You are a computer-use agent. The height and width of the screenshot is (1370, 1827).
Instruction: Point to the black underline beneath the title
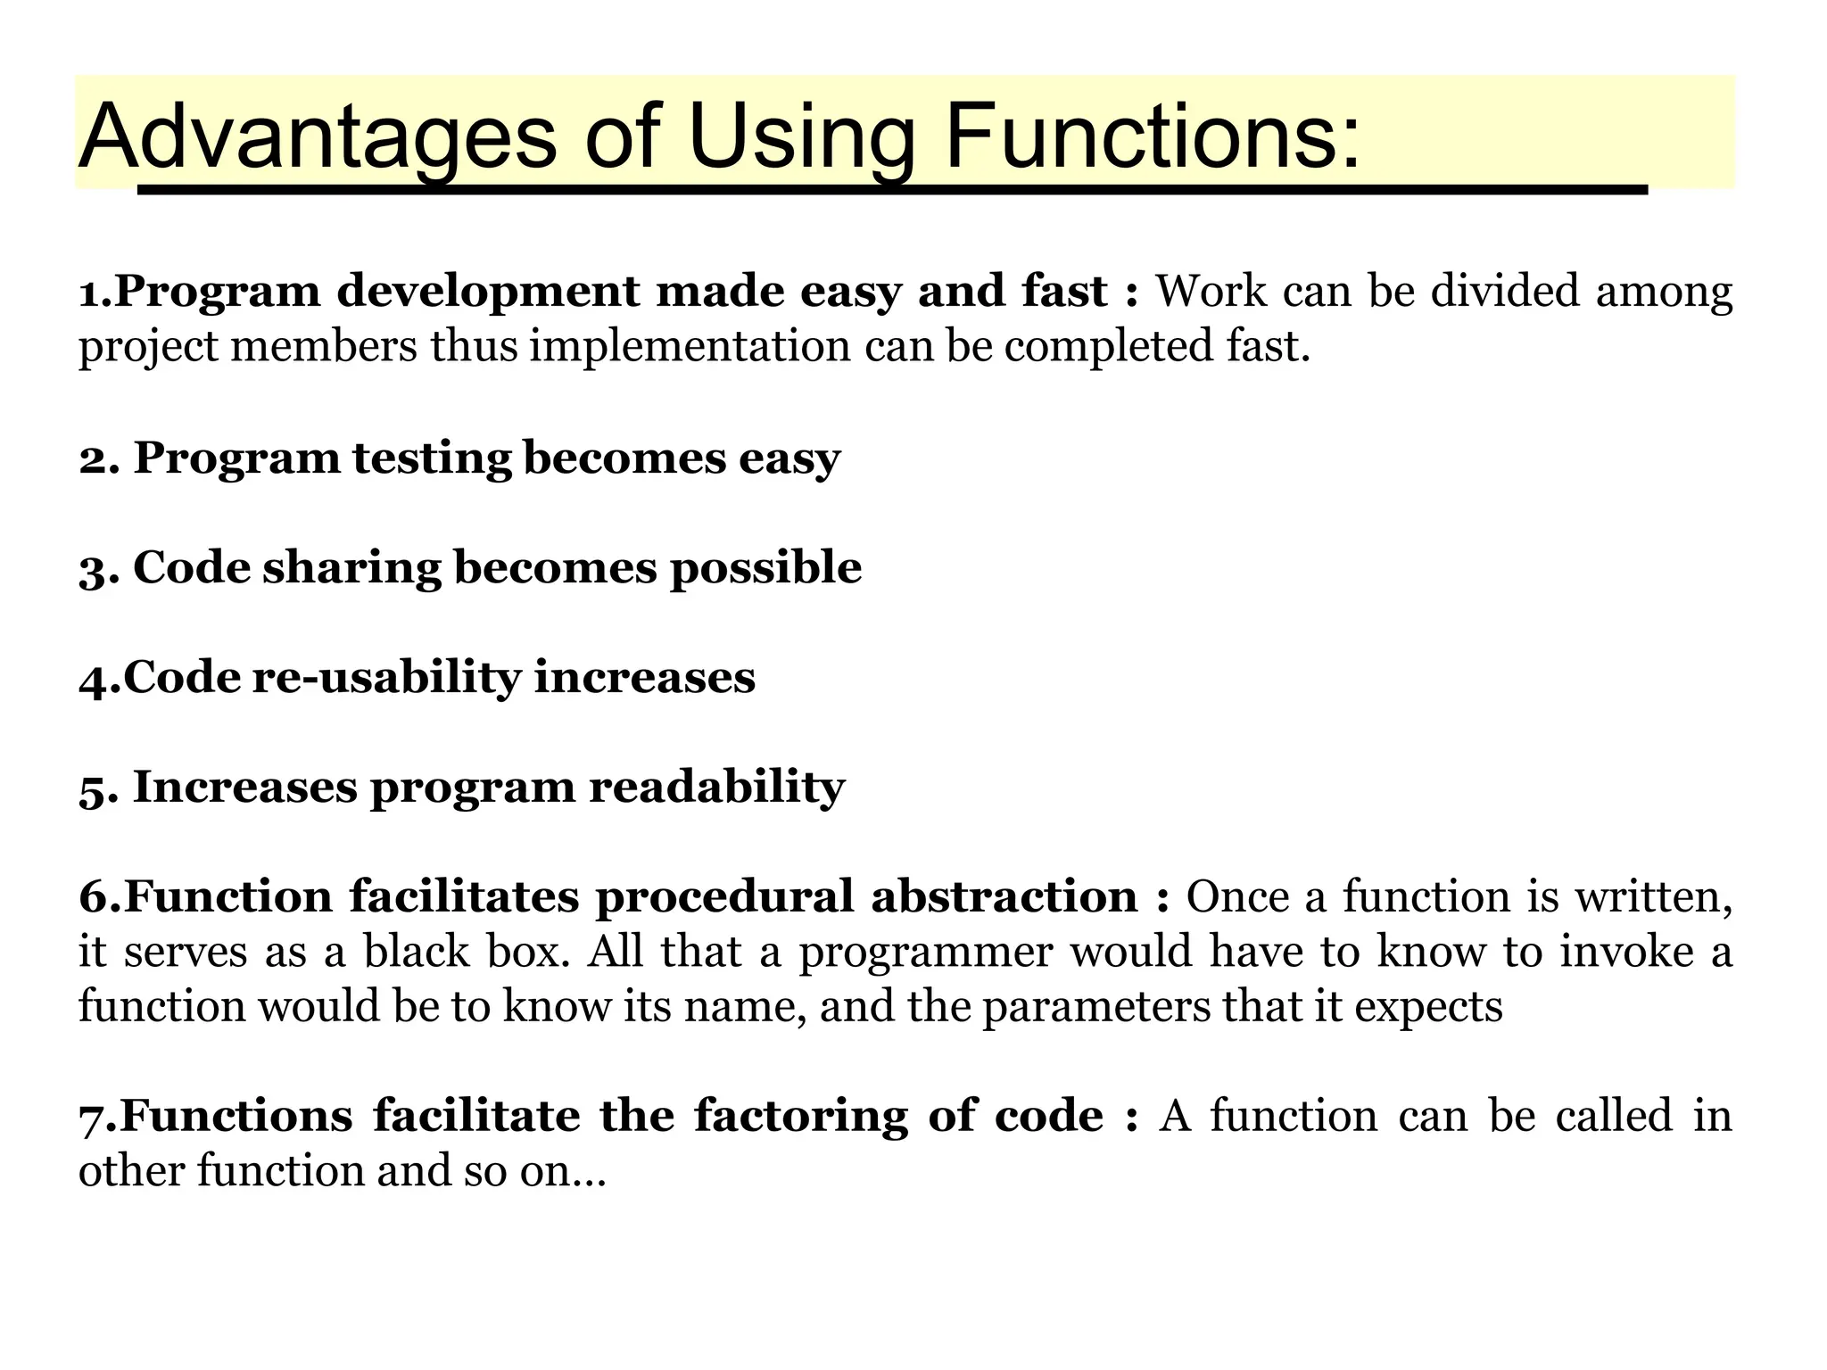click(x=892, y=189)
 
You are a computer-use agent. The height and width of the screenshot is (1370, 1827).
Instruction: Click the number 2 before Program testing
click(x=92, y=458)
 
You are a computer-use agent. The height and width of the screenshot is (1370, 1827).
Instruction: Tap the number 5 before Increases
click(x=92, y=788)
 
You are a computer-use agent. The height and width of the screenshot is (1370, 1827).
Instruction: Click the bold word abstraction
click(x=1004, y=896)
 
